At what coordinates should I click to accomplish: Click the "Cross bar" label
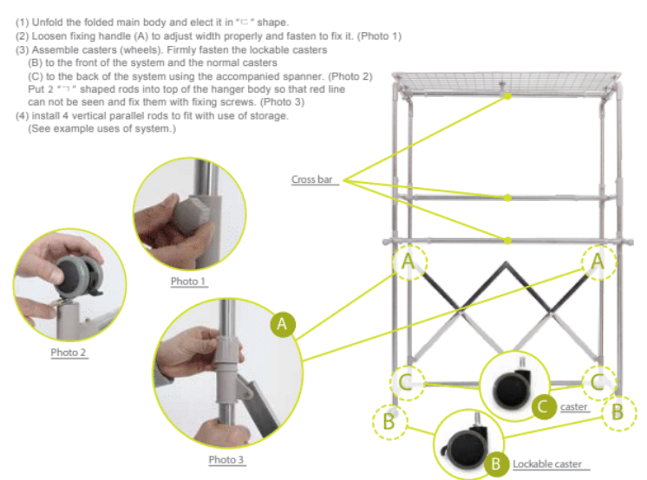coord(312,179)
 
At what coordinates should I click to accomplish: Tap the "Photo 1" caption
coord(188,282)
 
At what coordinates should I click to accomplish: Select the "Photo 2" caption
coord(69,353)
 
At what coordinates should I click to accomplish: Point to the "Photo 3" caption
coord(226,459)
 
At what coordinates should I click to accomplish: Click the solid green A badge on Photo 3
coord(283,324)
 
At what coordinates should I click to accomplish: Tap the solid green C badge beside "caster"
coord(544,407)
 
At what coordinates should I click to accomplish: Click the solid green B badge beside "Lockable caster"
coord(496,464)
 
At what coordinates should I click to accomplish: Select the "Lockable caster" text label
coord(547,464)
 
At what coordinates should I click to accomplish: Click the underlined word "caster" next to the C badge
coord(573,407)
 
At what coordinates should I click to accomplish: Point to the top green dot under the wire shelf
coord(508,96)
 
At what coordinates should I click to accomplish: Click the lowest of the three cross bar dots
coord(508,240)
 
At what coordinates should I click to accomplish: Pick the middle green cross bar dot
coord(508,198)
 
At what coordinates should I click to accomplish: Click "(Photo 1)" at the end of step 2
coord(379,36)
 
